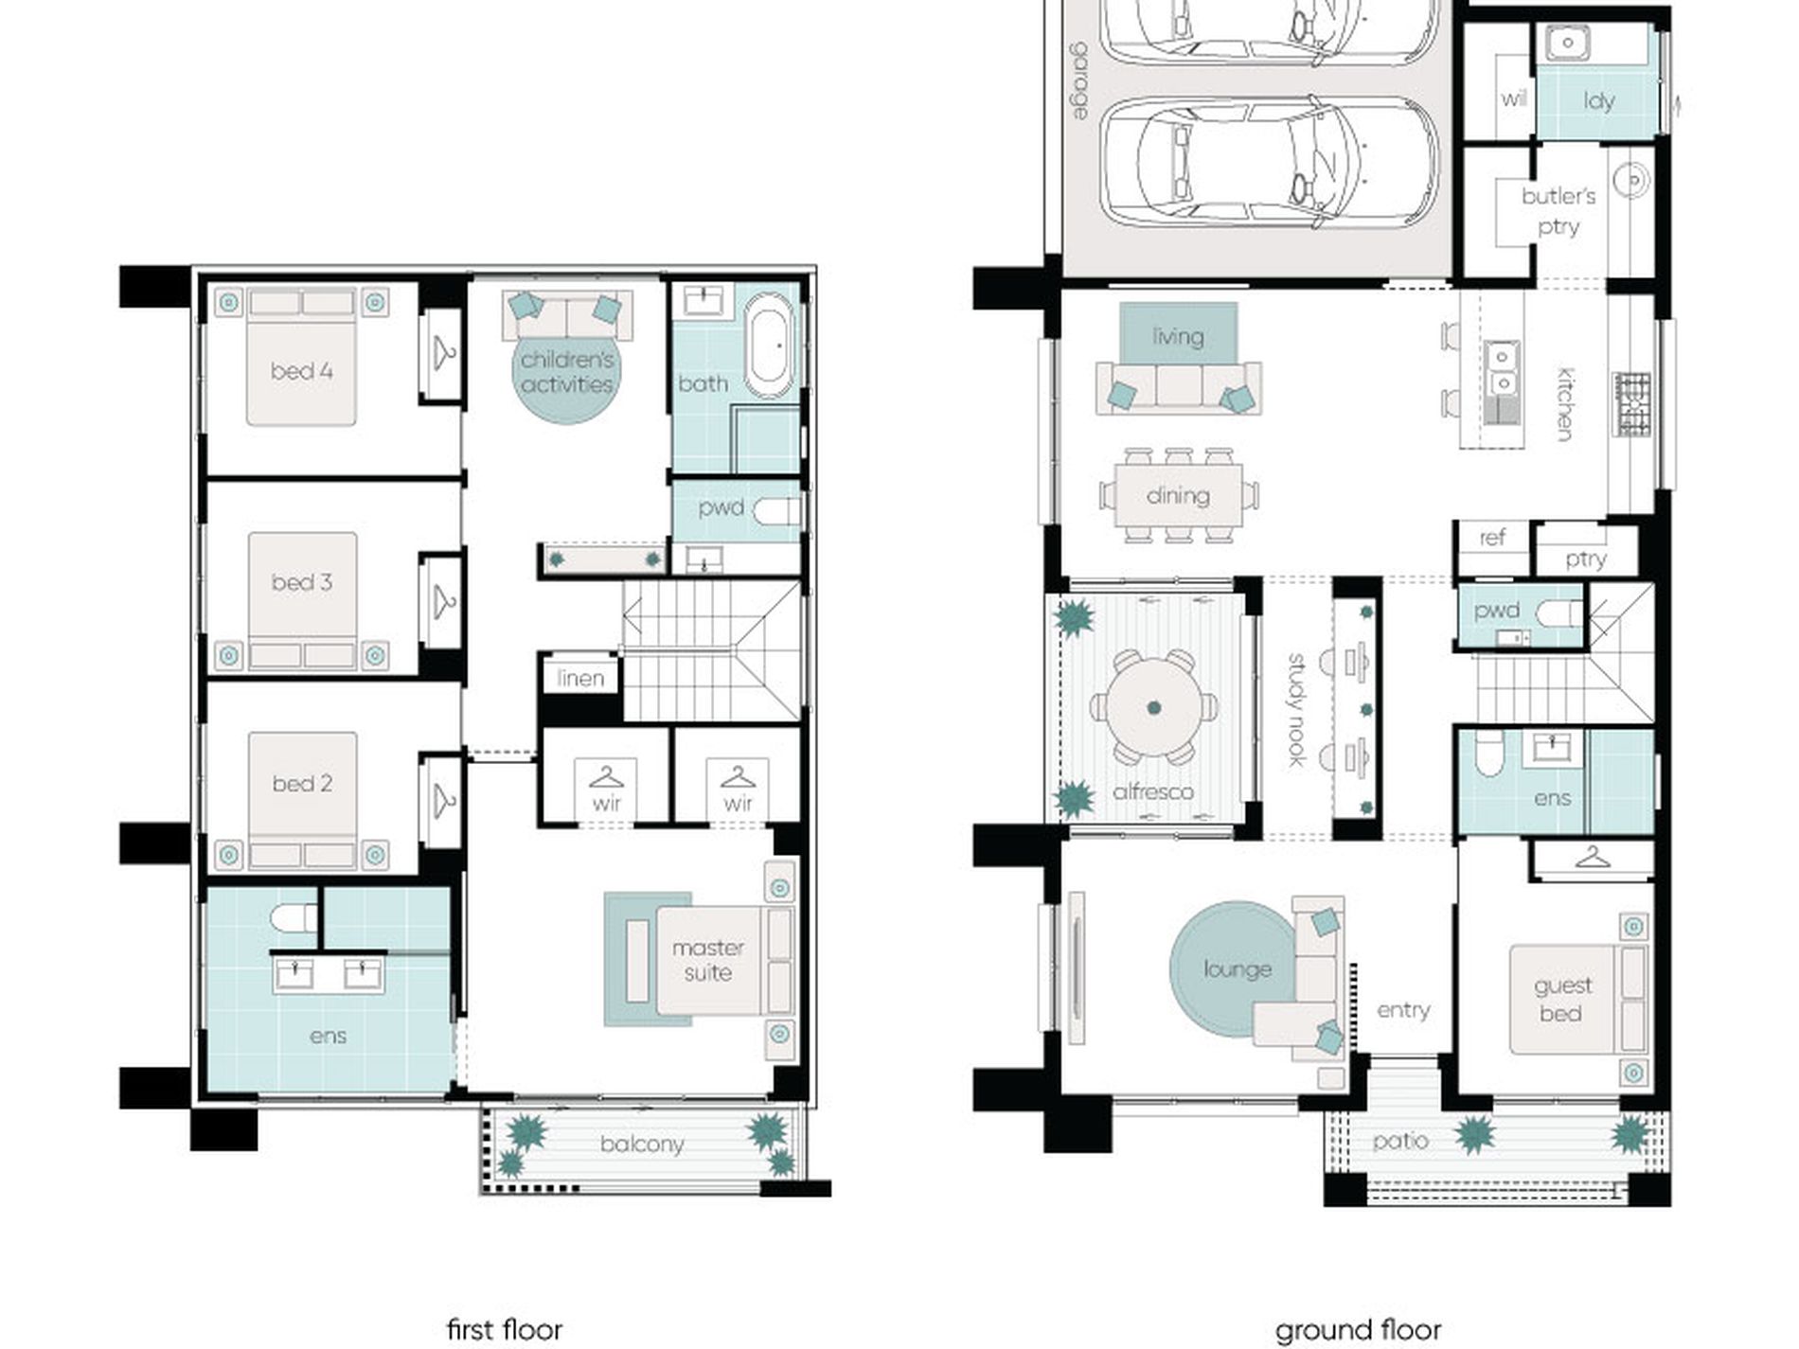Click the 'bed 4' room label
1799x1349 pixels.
click(x=301, y=371)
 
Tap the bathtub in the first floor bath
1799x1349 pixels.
click(x=769, y=346)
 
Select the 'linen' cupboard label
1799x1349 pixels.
click(x=580, y=678)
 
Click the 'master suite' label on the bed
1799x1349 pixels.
click(x=707, y=960)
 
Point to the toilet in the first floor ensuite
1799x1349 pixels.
click(x=294, y=918)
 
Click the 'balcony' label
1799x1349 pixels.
click(x=641, y=1145)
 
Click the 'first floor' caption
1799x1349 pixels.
click(x=504, y=1329)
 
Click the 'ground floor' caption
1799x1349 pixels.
click(x=1358, y=1330)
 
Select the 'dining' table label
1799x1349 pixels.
click(x=1177, y=496)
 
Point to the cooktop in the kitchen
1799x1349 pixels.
click(x=1631, y=404)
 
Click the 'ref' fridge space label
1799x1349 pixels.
click(x=1492, y=538)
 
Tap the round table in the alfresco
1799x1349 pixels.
click(x=1153, y=707)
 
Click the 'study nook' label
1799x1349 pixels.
click(x=1296, y=710)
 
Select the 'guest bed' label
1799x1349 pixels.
click(x=1561, y=1000)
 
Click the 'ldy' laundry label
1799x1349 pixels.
click(x=1598, y=100)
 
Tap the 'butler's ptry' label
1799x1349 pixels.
click(x=1559, y=211)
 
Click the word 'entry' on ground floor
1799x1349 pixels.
click(x=1403, y=1010)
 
